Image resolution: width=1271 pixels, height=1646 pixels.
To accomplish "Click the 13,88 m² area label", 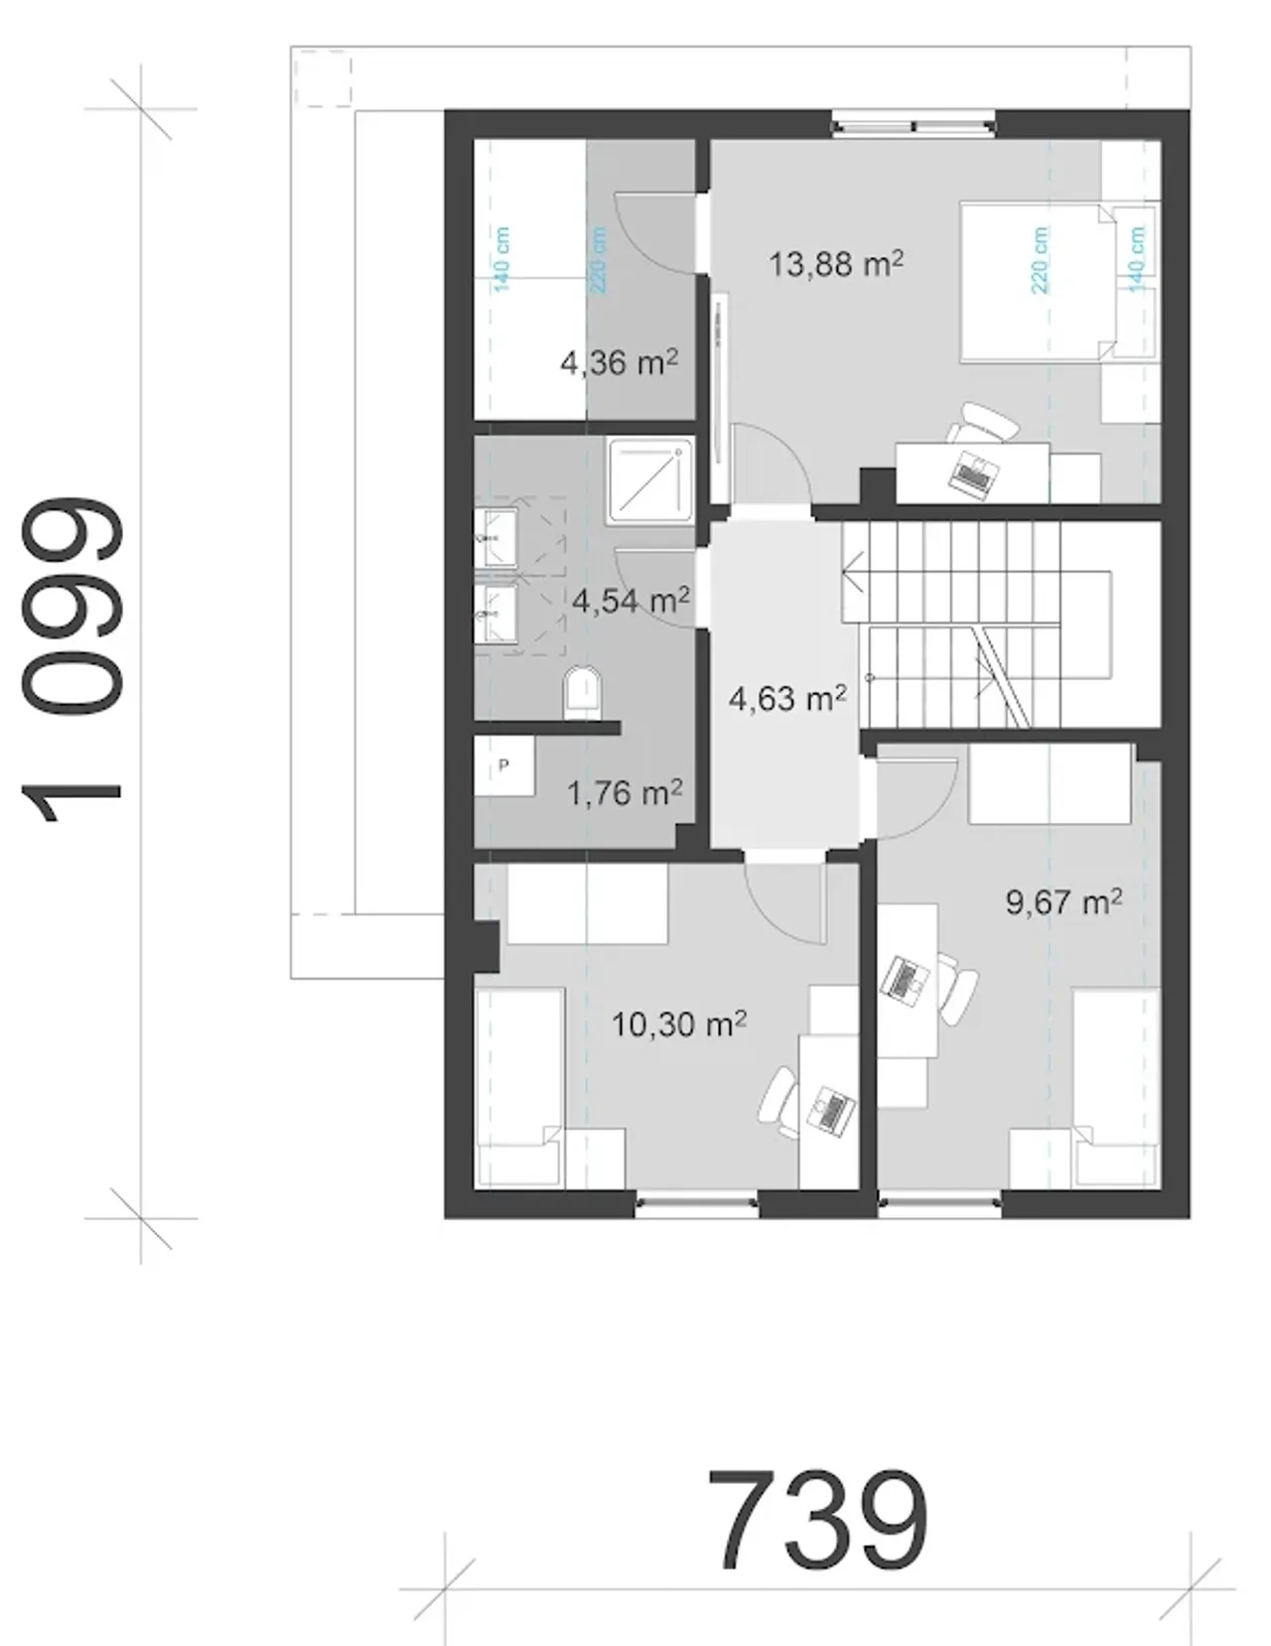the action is [x=836, y=264].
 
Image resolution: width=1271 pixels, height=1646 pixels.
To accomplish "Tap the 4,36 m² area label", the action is [x=619, y=362].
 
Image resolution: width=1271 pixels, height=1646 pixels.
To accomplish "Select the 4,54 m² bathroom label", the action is [x=631, y=602].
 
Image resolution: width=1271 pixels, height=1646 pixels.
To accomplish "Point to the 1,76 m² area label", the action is [x=625, y=793].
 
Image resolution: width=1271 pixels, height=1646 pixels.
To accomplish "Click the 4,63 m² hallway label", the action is [x=787, y=698].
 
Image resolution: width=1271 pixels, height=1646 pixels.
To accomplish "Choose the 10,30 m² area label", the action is [x=678, y=1025].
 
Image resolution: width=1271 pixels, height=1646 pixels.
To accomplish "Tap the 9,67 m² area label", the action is [x=1064, y=902].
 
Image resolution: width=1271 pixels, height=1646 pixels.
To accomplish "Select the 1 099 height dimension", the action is [x=71, y=660].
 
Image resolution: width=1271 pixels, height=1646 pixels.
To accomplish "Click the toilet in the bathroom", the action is [x=582, y=690].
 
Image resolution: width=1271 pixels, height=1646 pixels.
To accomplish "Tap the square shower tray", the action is [x=649, y=479].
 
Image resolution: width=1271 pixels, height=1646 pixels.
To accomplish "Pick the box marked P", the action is [x=504, y=765].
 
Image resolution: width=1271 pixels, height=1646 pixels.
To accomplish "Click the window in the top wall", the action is [x=914, y=125].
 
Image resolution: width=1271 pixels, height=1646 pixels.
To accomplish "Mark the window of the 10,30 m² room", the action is [x=697, y=1202].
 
